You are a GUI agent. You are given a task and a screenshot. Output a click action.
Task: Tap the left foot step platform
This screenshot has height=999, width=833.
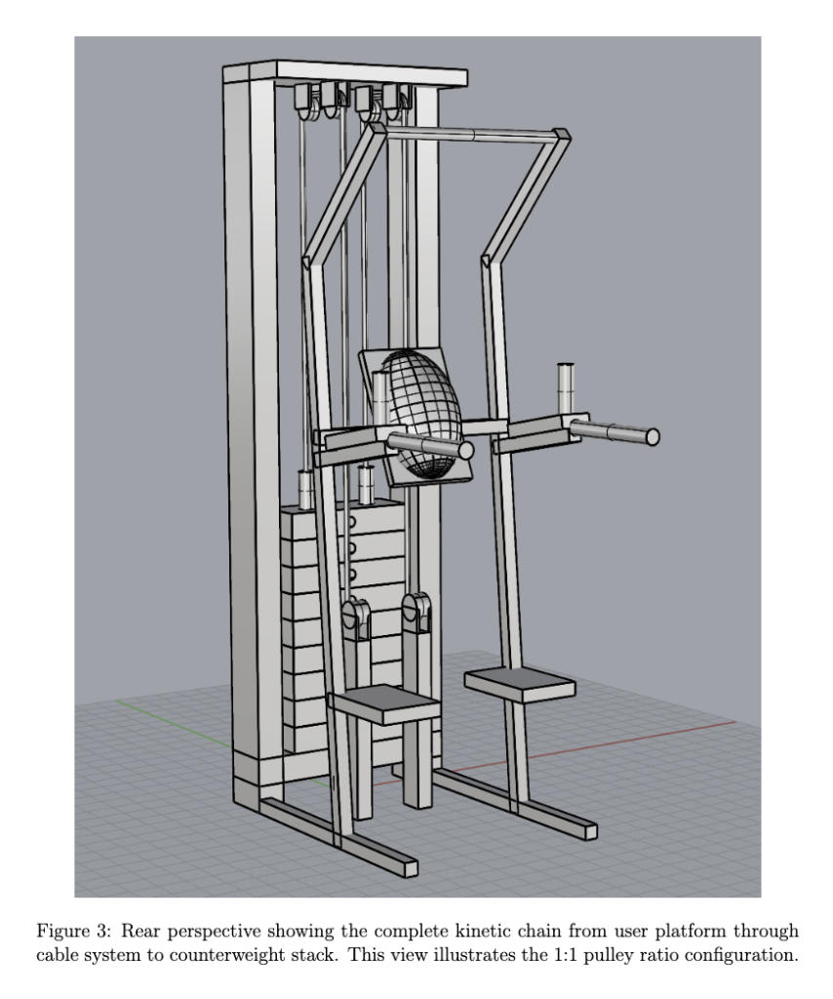[384, 704]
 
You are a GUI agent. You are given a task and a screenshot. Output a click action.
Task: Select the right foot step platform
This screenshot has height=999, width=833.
[520, 684]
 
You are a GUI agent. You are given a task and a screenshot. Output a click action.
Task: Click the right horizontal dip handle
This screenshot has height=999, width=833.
[615, 432]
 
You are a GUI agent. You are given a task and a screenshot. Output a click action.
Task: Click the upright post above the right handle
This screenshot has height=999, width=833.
[565, 388]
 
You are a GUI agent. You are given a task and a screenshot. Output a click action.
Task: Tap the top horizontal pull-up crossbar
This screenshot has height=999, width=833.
[471, 134]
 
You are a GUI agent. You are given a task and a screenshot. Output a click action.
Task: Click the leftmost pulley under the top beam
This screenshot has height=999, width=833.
[303, 101]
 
